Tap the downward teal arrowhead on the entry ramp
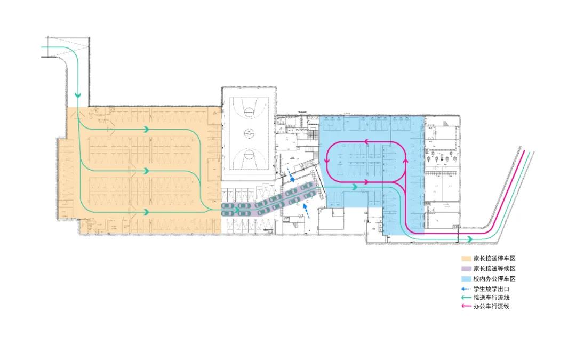78,95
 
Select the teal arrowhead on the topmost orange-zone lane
146,129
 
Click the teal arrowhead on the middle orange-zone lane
146,171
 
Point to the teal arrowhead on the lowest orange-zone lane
146,212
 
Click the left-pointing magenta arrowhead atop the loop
366,142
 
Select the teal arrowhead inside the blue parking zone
354,187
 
